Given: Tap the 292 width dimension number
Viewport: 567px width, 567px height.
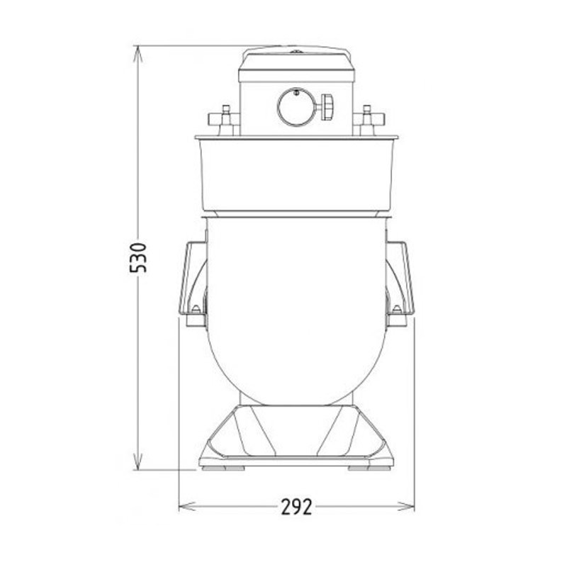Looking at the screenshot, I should click(296, 507).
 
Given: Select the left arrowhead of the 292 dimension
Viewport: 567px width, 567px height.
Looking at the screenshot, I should click(184, 506).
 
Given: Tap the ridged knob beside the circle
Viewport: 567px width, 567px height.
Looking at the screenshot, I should click(327, 107).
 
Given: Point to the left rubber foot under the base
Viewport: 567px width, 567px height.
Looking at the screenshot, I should click(226, 468).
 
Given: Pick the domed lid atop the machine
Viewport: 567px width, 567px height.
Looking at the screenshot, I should click(296, 57).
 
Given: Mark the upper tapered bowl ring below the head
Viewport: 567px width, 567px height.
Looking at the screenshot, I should click(296, 174).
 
